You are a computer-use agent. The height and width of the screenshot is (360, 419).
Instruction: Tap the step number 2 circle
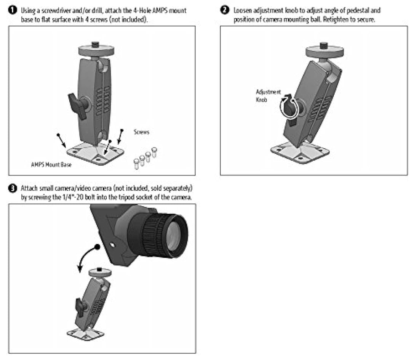225,10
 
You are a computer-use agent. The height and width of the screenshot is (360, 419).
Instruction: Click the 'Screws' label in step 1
141,132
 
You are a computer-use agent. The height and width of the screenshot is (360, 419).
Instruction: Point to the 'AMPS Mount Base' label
51,165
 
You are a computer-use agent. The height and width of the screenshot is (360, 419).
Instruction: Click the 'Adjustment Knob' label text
268,95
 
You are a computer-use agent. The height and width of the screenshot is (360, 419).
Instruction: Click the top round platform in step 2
323,50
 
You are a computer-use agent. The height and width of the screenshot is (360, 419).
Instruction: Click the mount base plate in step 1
95,154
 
